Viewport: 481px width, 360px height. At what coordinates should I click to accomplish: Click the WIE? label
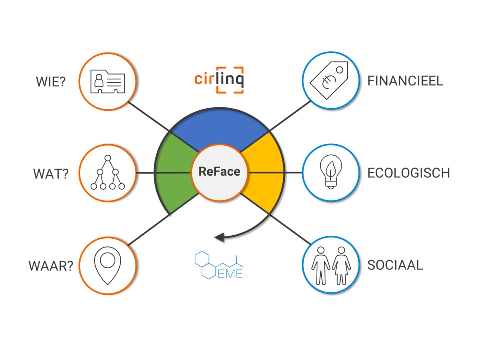point(51,82)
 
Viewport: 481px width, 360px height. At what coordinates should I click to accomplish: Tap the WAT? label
point(51,174)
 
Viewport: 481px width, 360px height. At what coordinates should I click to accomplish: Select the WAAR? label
point(51,266)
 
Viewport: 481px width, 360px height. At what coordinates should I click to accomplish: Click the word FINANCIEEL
point(405,81)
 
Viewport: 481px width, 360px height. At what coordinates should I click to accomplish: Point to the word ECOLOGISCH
point(409,173)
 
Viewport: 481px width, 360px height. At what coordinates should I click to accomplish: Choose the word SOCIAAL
point(395,265)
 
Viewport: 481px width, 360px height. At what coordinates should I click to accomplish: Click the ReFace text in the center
point(219,171)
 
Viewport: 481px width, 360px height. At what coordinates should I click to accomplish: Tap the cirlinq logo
point(219,80)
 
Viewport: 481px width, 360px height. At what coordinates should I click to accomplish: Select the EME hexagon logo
point(219,265)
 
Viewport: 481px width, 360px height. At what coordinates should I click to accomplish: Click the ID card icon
point(108,82)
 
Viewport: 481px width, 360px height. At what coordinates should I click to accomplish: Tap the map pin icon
point(108,266)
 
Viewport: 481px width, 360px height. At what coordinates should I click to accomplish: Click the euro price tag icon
point(329,80)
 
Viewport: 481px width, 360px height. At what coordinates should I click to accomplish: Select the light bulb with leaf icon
point(331,172)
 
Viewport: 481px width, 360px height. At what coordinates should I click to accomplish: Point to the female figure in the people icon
point(341,266)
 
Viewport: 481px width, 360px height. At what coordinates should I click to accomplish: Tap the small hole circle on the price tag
point(339,70)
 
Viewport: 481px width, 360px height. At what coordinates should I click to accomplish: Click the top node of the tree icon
point(108,158)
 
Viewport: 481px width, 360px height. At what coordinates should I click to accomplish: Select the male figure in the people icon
point(321,266)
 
